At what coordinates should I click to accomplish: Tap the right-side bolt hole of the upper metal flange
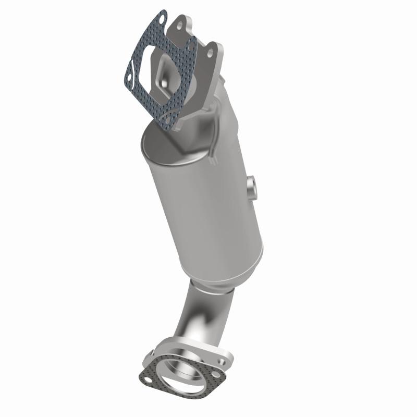(x=210, y=53)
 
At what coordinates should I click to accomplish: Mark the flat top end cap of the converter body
(x=164, y=146)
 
